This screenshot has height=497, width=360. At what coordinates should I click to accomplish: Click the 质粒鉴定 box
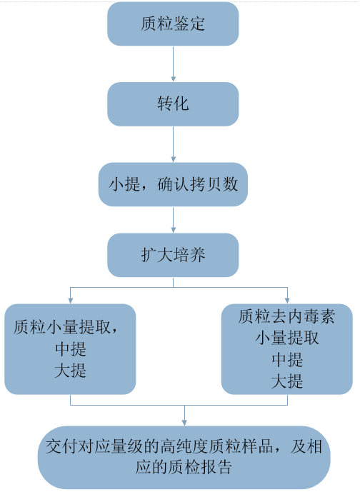coord(173,24)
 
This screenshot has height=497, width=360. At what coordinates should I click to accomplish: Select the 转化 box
coord(173,104)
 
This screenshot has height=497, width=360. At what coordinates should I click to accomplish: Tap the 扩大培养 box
coord(173,255)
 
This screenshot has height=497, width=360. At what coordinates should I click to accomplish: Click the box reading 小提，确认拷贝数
coord(173,185)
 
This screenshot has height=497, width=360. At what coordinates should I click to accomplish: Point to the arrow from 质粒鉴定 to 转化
coord(173,64)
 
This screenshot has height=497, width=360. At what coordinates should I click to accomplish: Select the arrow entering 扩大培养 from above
coord(173,221)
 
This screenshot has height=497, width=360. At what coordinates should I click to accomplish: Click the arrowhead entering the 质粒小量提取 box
coord(69,299)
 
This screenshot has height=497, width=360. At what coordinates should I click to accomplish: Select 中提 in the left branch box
coord(69,350)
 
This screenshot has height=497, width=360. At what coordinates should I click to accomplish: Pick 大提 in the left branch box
coord(69,371)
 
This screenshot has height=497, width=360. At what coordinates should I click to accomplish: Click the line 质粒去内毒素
coord(286,316)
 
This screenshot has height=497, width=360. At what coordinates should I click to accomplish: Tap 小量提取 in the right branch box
coord(286,337)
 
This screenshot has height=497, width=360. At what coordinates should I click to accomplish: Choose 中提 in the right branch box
coord(286,359)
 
